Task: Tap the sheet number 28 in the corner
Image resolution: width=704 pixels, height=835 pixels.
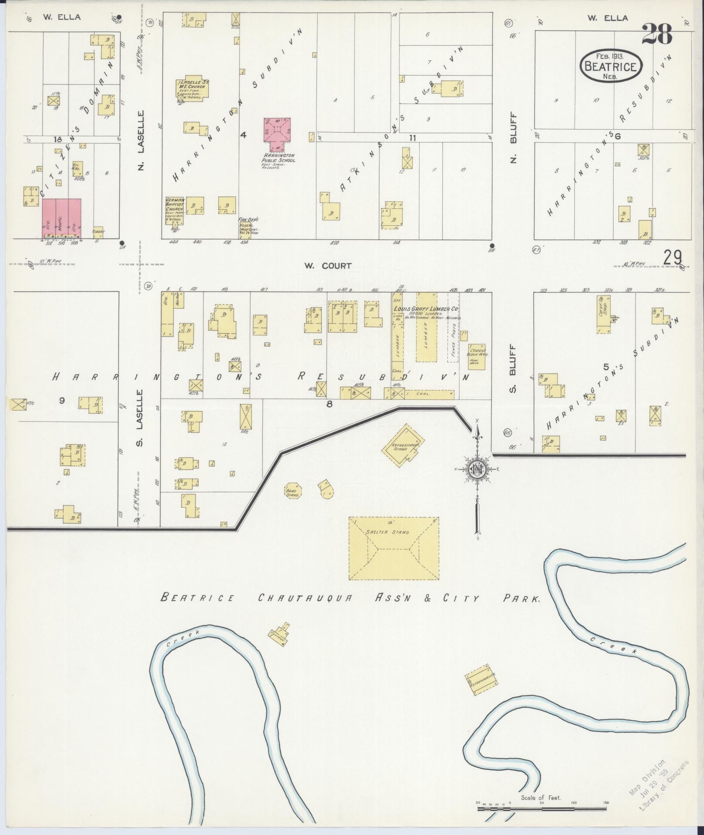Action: (657, 34)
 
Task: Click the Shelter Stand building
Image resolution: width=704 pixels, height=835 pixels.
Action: (394, 548)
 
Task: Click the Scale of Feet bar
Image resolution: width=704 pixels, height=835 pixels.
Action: (541, 808)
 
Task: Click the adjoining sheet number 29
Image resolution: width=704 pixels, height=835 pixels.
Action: (672, 258)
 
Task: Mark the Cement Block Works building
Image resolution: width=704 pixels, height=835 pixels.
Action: (476, 356)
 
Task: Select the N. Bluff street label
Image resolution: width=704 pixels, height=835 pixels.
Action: (514, 139)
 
